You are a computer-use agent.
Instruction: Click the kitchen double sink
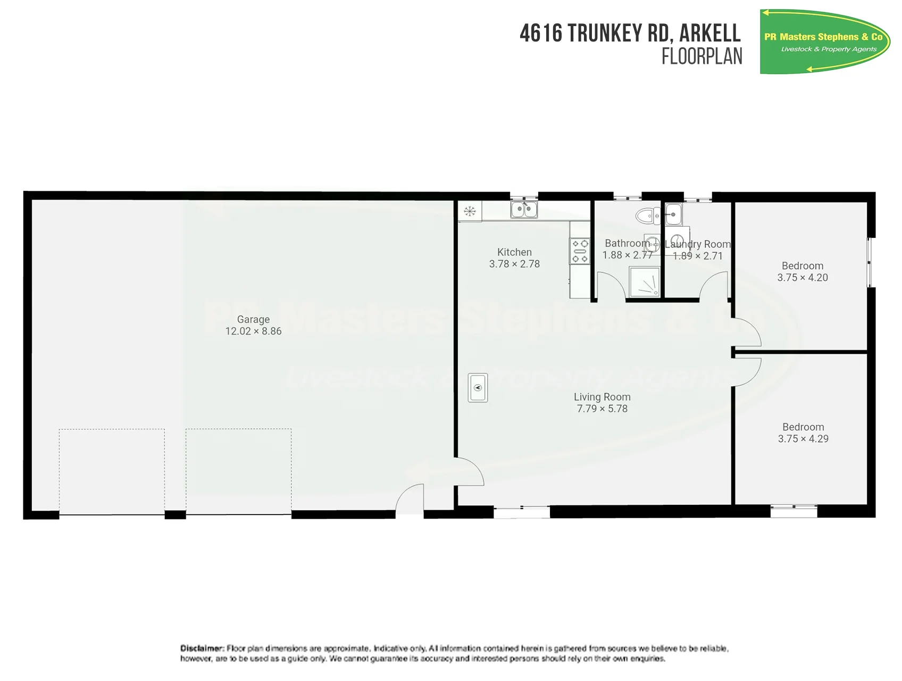[524, 209]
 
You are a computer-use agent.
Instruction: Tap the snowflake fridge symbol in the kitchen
[470, 211]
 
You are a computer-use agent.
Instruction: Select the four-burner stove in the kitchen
[580, 251]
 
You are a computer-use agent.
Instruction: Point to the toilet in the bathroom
[648, 216]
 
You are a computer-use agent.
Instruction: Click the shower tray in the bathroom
[644, 281]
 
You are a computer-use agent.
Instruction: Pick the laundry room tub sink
[673, 214]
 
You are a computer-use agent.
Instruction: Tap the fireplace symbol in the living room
[478, 387]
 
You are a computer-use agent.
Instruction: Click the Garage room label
[253, 319]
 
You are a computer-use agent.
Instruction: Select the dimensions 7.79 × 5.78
[602, 409]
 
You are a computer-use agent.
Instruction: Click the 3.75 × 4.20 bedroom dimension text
[803, 277]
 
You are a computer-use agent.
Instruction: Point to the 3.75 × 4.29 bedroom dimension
[803, 438]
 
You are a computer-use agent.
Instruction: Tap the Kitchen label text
[514, 252]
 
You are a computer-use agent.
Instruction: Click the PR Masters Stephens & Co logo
[825, 41]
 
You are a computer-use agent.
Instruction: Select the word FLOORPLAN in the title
[702, 56]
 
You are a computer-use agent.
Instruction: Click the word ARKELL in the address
[710, 33]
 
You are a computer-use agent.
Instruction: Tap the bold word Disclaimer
[202, 648]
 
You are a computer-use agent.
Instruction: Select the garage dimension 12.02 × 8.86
[253, 331]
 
